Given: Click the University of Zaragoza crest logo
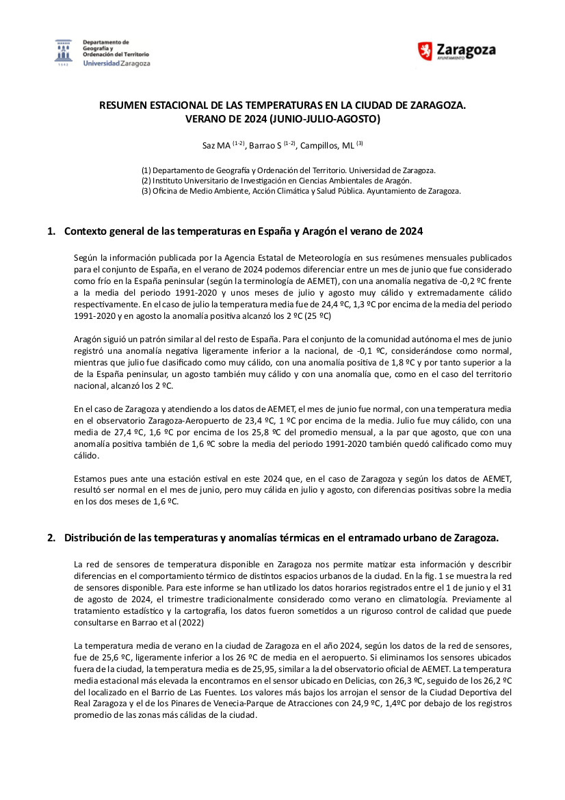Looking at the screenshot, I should [64, 52].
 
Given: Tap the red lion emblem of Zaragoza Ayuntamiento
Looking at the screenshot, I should [425, 51].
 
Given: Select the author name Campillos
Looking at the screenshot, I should [317, 145].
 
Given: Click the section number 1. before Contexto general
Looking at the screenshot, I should [51, 231].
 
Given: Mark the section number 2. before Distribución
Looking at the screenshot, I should [51, 538].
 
